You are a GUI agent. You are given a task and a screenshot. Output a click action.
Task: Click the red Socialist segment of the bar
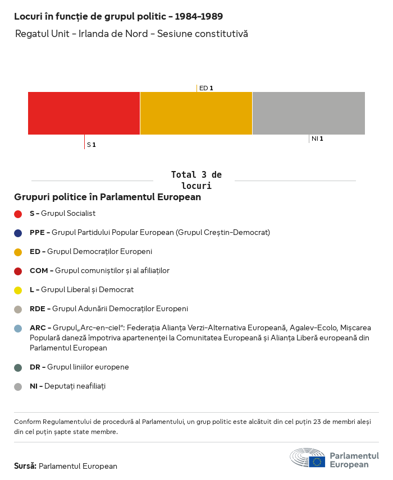pyautogui.click(x=84, y=113)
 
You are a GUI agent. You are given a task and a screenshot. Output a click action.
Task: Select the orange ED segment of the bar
pyautogui.click(x=196, y=113)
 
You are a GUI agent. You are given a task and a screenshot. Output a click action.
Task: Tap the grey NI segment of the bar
pyautogui.click(x=308, y=113)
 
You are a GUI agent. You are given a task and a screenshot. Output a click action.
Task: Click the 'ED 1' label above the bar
pyautogui.click(x=206, y=88)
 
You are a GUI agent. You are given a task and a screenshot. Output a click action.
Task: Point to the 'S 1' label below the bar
pyautogui.click(x=91, y=145)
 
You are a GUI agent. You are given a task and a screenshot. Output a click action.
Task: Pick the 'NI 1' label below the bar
pyautogui.click(x=317, y=139)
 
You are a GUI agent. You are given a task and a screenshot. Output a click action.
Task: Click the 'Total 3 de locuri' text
pyautogui.click(x=196, y=180)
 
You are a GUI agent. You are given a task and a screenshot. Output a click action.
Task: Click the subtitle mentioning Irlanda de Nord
pyautogui.click(x=131, y=34)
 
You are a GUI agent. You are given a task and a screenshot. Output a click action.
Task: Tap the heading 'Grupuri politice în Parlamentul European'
pyautogui.click(x=107, y=197)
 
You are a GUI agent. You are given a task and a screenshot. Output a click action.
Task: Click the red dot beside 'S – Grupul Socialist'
pyautogui.click(x=18, y=214)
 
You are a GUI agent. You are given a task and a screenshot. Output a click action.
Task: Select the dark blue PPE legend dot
pyautogui.click(x=18, y=233)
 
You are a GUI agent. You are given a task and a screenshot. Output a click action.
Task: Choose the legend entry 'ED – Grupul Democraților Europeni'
pyautogui.click(x=91, y=252)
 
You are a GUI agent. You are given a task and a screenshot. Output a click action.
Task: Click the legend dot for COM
pyautogui.click(x=18, y=271)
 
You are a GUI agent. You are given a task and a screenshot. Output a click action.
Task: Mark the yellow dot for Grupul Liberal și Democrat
pyautogui.click(x=18, y=290)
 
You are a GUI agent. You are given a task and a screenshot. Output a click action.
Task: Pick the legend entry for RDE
pyautogui.click(x=109, y=309)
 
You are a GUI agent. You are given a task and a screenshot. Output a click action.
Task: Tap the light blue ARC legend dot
pyautogui.click(x=18, y=328)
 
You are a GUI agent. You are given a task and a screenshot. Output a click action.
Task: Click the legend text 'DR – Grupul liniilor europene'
pyautogui.click(x=79, y=367)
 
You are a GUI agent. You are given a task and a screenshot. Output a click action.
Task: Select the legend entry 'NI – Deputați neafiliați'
pyautogui.click(x=67, y=386)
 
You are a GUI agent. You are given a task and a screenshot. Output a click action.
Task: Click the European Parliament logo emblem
pyautogui.click(x=308, y=458)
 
